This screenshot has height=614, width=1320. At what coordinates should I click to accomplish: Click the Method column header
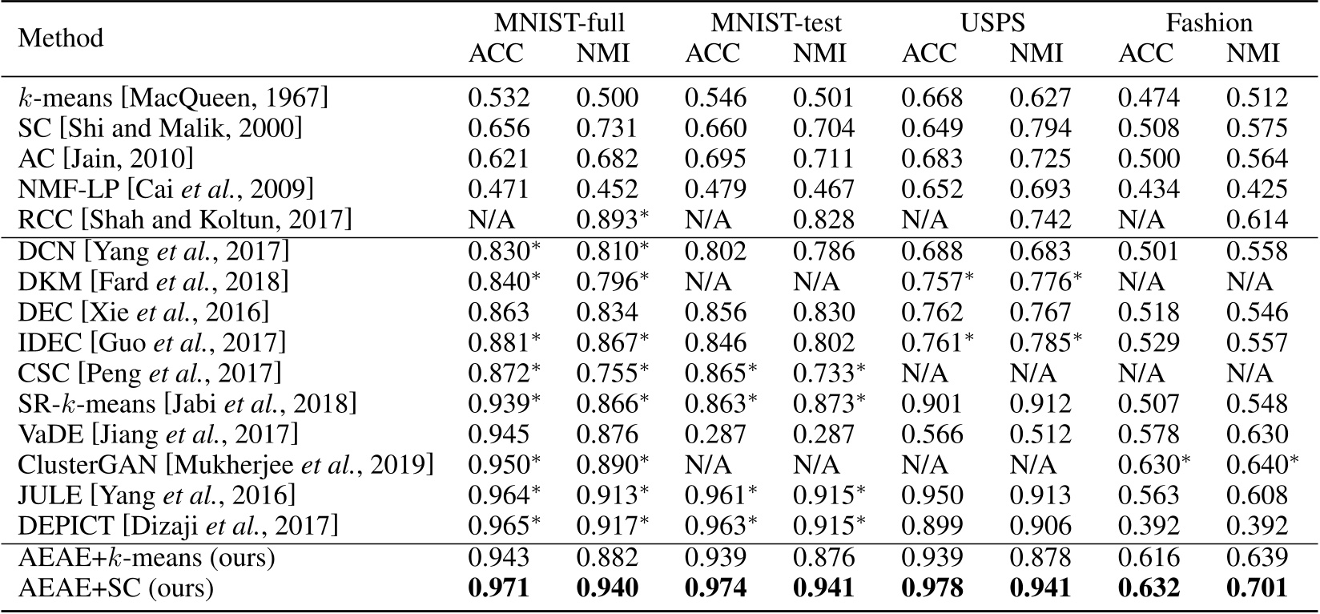point(61,38)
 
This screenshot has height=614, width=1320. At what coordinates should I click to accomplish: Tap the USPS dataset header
point(992,22)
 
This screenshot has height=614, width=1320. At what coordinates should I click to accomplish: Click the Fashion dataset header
point(1209,22)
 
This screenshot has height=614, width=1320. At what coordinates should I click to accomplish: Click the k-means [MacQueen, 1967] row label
point(173,98)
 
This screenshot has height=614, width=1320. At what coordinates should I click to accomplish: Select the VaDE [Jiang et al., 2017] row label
point(158,434)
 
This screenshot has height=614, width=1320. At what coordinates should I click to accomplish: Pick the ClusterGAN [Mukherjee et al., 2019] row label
point(226,465)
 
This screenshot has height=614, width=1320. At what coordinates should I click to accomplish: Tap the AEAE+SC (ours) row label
point(116,588)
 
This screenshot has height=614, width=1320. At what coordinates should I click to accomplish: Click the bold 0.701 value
point(1256,588)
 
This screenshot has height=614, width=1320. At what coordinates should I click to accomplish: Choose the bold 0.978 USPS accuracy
point(932,588)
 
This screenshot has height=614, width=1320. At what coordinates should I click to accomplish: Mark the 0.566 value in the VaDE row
point(932,434)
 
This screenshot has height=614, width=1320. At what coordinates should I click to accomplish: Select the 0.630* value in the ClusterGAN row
point(1153,465)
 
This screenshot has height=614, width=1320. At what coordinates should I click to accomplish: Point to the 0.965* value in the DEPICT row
point(504,526)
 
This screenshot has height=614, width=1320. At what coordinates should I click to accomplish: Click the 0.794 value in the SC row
point(1040,128)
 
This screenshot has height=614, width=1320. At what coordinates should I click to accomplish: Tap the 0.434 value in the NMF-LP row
point(1148,189)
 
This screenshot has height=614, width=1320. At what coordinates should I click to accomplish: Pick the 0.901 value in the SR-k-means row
point(932,404)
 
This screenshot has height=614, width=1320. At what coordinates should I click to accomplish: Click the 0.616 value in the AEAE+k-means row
point(1148,557)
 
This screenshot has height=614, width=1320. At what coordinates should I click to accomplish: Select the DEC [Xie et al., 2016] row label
point(144,312)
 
